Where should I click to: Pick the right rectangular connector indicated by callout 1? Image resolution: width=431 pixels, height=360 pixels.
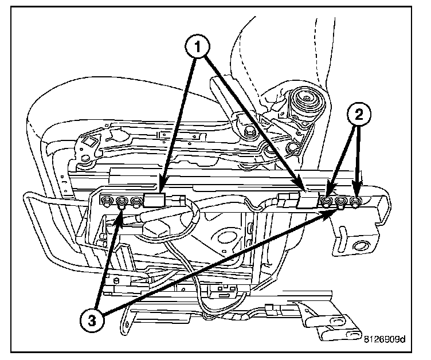click(x=307, y=199)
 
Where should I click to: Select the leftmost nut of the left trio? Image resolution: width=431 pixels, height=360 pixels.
click(x=107, y=201)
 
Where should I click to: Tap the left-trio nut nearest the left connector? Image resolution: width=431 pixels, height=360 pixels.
click(x=136, y=202)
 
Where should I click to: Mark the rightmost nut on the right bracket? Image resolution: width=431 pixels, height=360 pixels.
click(x=358, y=201)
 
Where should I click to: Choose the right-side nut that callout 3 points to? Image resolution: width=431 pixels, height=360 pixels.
click(x=342, y=202)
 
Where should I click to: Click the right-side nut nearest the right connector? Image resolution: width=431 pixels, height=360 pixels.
click(x=327, y=201)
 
